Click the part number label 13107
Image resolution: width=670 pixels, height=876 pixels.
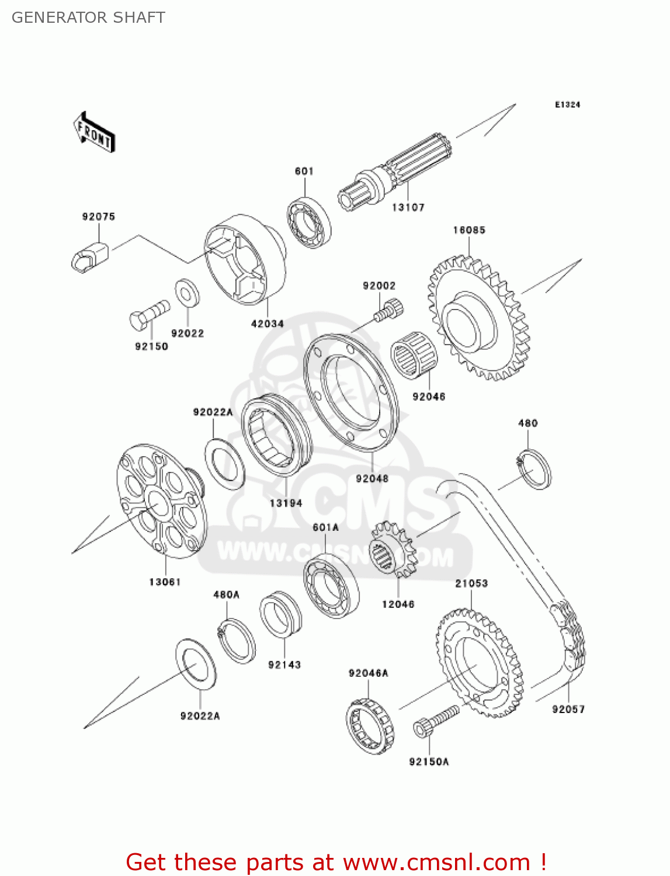408,207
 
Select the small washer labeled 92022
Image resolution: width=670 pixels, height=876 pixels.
188,293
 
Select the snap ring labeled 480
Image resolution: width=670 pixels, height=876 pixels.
533,469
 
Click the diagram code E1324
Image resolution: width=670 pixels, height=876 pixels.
567,105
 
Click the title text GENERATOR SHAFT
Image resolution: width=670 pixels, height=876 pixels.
88,18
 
